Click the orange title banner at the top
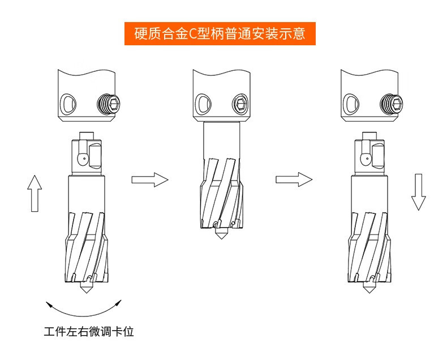click(x=221, y=33)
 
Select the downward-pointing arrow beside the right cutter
click(x=418, y=192)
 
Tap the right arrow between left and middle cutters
click(x=150, y=180)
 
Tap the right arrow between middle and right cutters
click(x=294, y=180)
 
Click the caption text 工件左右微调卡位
click(x=89, y=332)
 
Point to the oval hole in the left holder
click(x=68, y=104)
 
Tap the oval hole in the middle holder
click(x=203, y=104)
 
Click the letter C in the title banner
click(x=191, y=33)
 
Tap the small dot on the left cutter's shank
click(x=83, y=160)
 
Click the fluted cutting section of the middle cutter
click(x=222, y=192)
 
